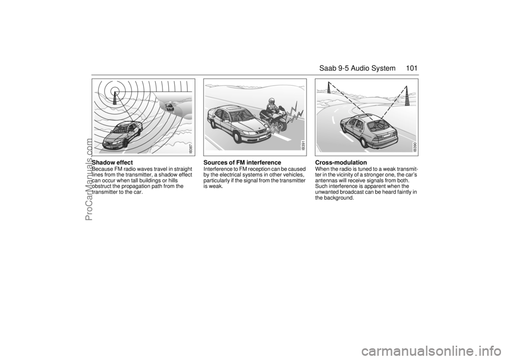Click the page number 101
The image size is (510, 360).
411,68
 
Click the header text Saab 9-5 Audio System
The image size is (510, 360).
357,68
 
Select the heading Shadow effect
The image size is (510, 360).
113,162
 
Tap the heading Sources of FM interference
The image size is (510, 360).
242,162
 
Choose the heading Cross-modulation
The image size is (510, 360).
341,162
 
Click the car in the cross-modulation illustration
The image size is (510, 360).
370,132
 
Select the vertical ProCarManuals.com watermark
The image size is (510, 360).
88,179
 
